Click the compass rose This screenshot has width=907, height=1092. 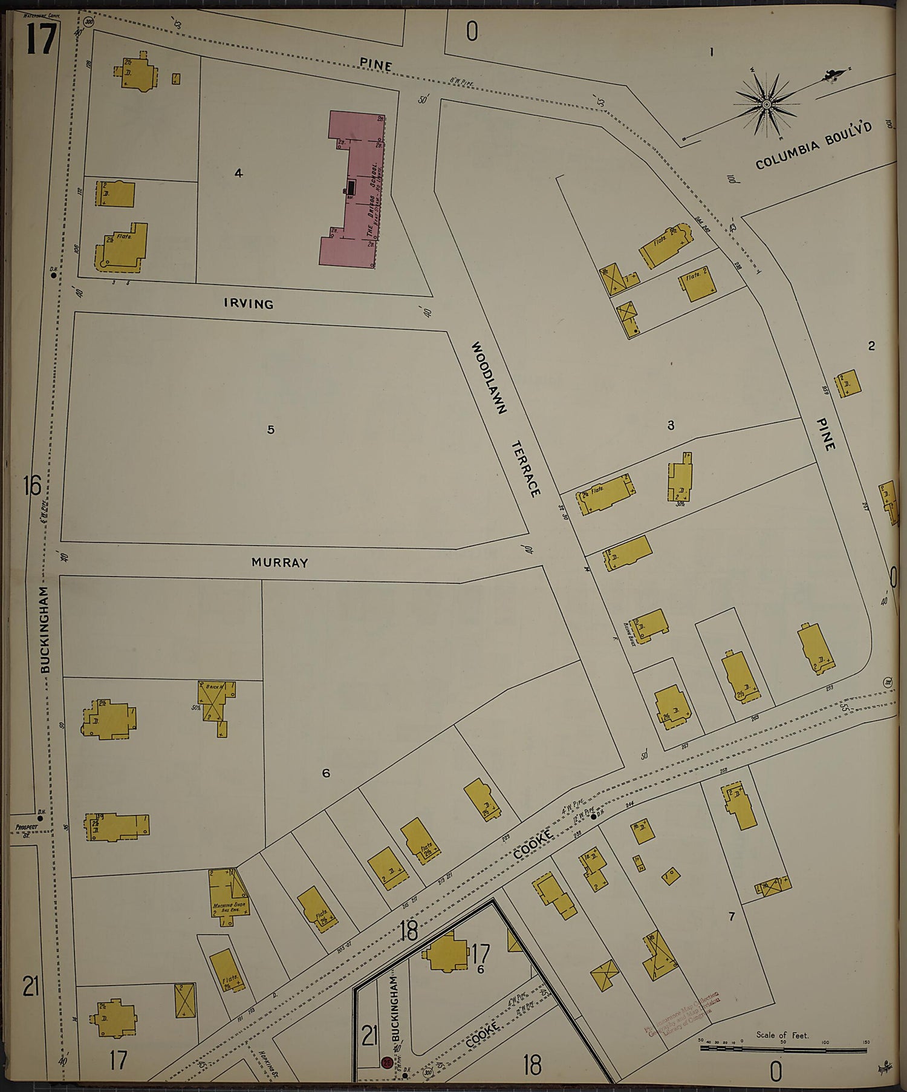coord(766,105)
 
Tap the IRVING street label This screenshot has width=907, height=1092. coord(249,304)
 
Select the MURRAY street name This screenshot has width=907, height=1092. coord(279,562)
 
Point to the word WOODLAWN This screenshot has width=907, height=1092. coord(488,378)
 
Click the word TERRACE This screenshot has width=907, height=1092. coord(525,469)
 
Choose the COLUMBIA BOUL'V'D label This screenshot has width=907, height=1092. coord(814,146)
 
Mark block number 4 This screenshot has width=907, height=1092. coord(239,174)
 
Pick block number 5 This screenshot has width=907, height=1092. coord(271,430)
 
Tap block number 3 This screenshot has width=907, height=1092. coord(671,425)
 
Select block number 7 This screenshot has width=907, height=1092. coord(731,917)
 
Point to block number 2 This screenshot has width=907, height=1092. coord(871,346)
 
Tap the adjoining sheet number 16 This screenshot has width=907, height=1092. coord(31,486)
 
